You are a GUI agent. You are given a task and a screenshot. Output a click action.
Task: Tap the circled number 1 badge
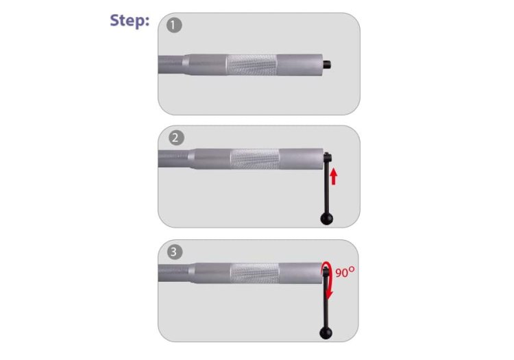[x=174, y=25]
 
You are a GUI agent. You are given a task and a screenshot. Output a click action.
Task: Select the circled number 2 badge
[x=176, y=138]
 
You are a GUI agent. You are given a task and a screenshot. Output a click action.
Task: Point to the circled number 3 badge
[x=174, y=252]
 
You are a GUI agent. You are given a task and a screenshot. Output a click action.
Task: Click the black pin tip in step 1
[x=327, y=64]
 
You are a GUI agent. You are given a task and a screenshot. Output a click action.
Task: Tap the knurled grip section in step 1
[x=252, y=65]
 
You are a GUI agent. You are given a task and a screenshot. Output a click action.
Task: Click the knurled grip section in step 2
[x=255, y=159]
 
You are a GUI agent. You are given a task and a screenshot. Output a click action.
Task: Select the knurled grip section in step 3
[x=255, y=273]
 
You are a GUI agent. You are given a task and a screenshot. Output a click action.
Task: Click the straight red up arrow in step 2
[x=333, y=176]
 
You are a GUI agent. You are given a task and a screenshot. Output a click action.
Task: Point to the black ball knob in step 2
[x=326, y=218]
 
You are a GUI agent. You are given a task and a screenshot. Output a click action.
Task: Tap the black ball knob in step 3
[x=326, y=333]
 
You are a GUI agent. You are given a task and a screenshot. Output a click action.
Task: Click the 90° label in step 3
[x=345, y=272]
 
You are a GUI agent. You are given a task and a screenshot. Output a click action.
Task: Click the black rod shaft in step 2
[x=327, y=188]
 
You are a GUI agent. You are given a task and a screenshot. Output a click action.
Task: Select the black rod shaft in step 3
[x=326, y=302]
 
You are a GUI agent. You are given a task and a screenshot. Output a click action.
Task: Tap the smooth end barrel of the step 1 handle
[x=299, y=64]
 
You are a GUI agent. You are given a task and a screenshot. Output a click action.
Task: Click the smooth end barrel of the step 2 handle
[x=302, y=159]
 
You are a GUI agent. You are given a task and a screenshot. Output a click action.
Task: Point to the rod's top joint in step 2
[x=328, y=158]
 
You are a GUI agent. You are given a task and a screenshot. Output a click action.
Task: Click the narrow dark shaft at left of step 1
[x=171, y=64]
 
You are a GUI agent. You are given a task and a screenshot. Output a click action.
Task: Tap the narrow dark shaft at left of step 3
[x=174, y=273]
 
